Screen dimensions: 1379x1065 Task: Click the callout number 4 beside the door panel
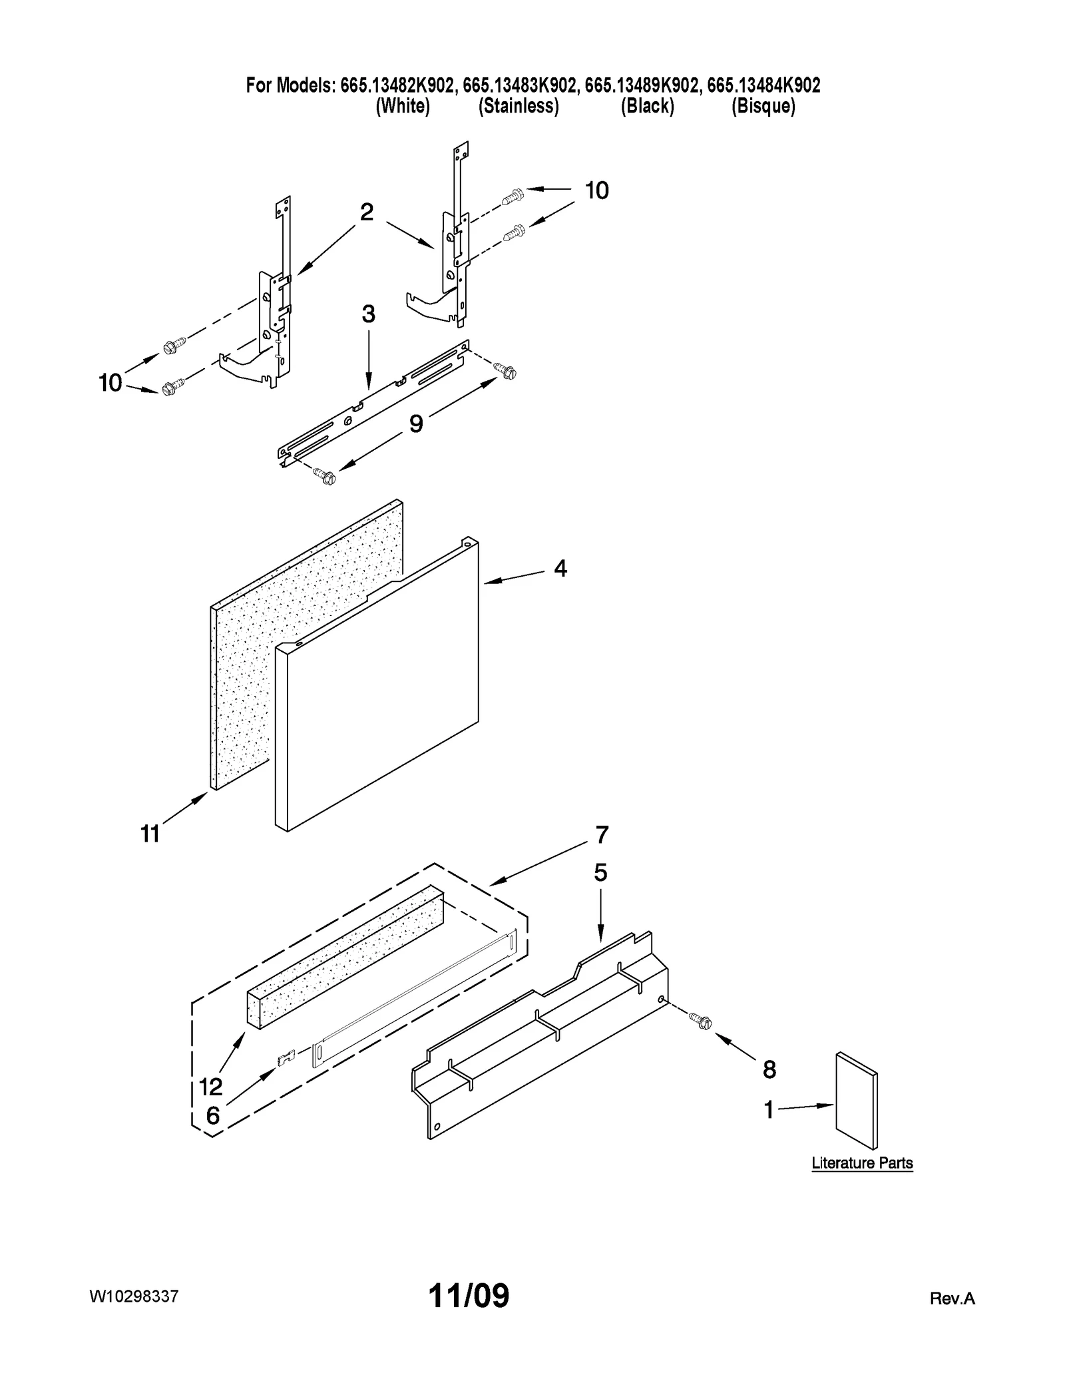click(560, 569)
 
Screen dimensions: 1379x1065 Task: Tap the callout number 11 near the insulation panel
click(150, 834)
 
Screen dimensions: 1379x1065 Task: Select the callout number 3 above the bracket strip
click(368, 314)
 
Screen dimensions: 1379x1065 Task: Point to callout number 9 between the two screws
click(416, 423)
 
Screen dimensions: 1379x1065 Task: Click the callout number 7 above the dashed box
click(602, 834)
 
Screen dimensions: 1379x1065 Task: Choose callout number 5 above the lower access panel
click(600, 872)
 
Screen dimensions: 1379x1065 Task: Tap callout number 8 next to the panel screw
click(769, 1070)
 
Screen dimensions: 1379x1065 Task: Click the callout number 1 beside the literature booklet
click(769, 1110)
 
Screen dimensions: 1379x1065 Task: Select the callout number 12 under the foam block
click(211, 1087)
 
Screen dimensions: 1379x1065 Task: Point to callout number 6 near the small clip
click(212, 1116)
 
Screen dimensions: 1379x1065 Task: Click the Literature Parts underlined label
click(862, 1163)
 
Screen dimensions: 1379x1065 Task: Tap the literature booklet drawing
click(857, 1100)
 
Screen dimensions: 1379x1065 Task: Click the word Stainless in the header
click(519, 107)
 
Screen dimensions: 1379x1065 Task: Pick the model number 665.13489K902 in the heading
click(642, 85)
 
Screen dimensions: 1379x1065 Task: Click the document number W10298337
click(134, 1296)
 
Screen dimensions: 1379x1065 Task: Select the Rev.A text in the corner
click(952, 1298)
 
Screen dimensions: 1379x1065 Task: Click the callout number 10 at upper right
click(596, 191)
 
